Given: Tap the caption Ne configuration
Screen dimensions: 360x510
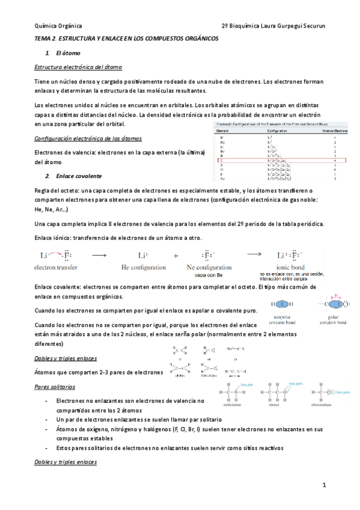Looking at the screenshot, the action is coord(209,266).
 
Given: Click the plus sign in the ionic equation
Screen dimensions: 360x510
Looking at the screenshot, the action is coord(176,255).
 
